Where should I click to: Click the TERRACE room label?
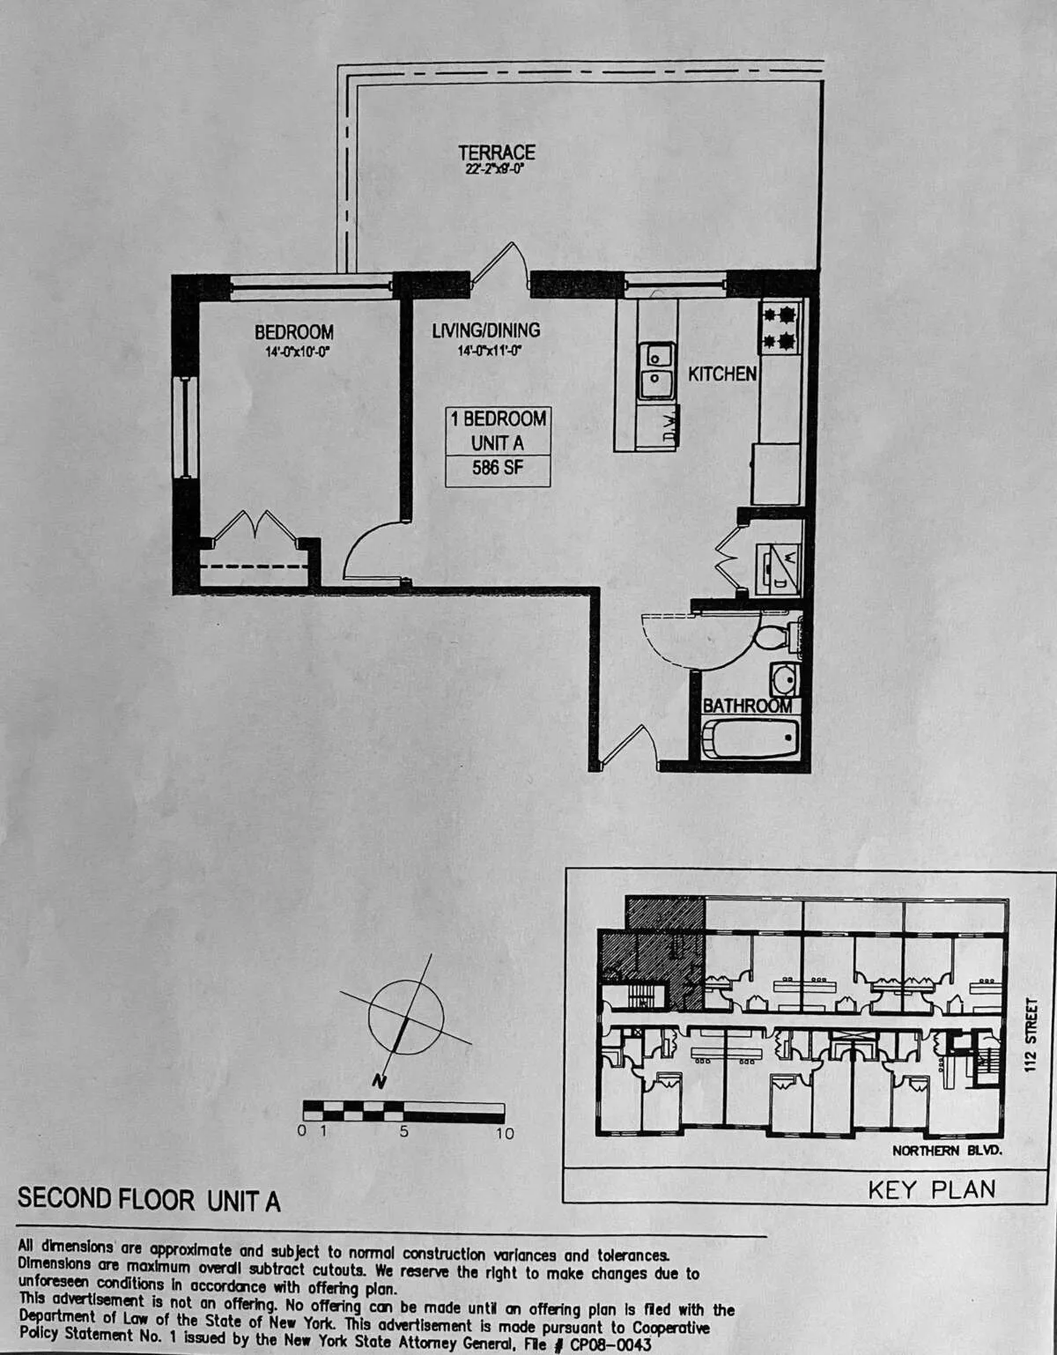[x=496, y=152]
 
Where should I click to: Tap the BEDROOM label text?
[x=293, y=332]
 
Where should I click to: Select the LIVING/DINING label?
[x=485, y=330]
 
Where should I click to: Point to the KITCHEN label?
[x=721, y=374]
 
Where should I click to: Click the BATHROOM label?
[x=746, y=706]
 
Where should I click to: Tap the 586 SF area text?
[x=498, y=468]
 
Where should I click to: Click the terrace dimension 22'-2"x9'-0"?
[x=495, y=169]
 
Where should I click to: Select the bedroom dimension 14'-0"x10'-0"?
[x=293, y=350]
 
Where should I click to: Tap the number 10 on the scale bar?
[x=504, y=1133]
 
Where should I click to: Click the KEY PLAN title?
[x=931, y=1189]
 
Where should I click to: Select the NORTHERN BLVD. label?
[x=947, y=1151]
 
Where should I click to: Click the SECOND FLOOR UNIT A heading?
[x=149, y=1200]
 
